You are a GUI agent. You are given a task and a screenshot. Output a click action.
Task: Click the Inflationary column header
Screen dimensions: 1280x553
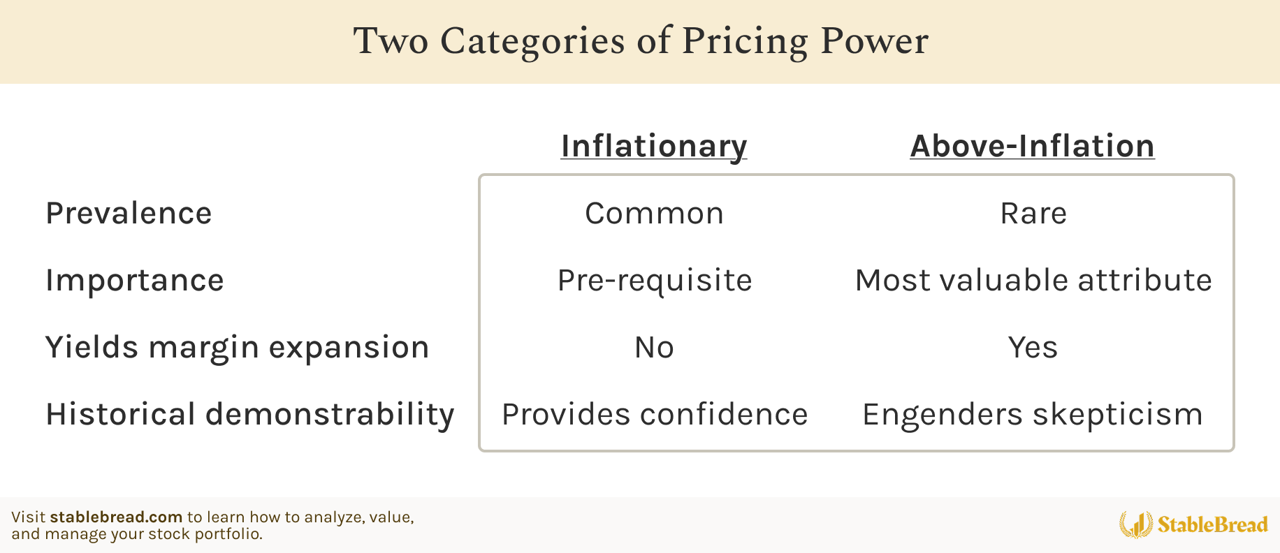pyautogui.click(x=654, y=147)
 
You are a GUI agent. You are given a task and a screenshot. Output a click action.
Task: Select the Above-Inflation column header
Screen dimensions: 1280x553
pyautogui.click(x=1032, y=146)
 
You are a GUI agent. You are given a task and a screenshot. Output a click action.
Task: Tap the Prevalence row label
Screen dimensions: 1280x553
pyautogui.click(x=129, y=213)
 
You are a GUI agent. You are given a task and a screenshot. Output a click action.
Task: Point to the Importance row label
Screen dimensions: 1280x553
pyautogui.click(x=135, y=281)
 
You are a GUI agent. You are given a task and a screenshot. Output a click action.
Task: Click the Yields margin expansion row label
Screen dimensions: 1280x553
pyautogui.click(x=238, y=348)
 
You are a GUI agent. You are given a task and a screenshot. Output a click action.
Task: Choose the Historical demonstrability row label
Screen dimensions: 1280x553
pyautogui.click(x=250, y=414)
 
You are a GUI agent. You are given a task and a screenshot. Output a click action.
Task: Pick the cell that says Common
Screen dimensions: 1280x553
pyautogui.click(x=655, y=214)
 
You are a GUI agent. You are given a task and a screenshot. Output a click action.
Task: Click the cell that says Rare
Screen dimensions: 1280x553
pyautogui.click(x=1033, y=214)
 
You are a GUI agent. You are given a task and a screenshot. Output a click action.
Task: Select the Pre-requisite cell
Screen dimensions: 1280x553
pyautogui.click(x=655, y=281)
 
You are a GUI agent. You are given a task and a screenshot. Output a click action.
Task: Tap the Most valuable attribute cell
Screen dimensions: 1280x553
pyautogui.click(x=1033, y=281)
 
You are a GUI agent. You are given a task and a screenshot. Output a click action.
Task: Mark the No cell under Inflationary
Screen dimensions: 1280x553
pyautogui.click(x=654, y=348)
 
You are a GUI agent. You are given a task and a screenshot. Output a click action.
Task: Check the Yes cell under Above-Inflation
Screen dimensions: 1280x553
pyautogui.click(x=1033, y=348)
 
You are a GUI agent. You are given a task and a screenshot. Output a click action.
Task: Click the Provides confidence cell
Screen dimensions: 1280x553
pyautogui.click(x=655, y=415)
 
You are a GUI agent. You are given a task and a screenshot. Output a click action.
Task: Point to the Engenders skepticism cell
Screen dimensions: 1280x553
pyautogui.click(x=1033, y=415)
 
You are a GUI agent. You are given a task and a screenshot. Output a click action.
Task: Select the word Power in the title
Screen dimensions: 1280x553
pyautogui.click(x=874, y=40)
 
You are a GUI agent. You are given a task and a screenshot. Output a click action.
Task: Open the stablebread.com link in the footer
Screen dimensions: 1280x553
pyautogui.click(x=116, y=517)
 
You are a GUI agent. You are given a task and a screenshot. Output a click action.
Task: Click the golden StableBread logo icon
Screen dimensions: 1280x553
pyautogui.click(x=1136, y=524)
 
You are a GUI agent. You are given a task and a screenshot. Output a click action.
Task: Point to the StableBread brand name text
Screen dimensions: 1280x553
pyautogui.click(x=1213, y=524)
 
